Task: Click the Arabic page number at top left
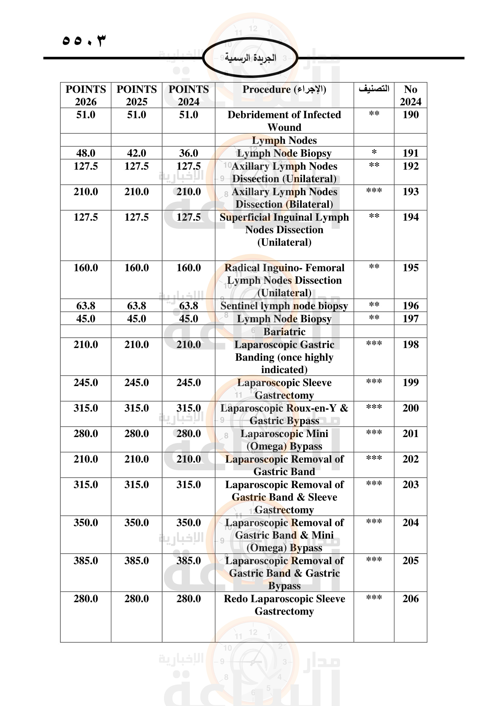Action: [x=84, y=40]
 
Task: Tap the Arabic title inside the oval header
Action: [x=250, y=58]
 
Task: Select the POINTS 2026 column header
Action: [x=86, y=95]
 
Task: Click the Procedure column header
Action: [x=284, y=89]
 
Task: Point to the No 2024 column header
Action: [x=410, y=95]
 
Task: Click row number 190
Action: [x=411, y=115]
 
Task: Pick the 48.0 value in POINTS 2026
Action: [x=86, y=153]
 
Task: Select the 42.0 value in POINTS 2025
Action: [x=136, y=153]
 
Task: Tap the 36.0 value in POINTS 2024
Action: [x=188, y=153]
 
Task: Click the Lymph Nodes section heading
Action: [x=284, y=140]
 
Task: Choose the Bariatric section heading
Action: [x=284, y=331]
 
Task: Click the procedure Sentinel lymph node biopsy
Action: [x=284, y=306]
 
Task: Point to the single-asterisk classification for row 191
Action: [x=374, y=152]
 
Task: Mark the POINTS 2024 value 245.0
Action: [x=188, y=382]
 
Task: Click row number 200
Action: [x=411, y=408]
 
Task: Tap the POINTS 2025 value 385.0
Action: [x=136, y=560]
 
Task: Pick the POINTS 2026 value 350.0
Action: [x=86, y=522]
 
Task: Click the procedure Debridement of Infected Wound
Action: [x=284, y=120]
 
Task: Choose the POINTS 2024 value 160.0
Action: [x=188, y=267]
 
